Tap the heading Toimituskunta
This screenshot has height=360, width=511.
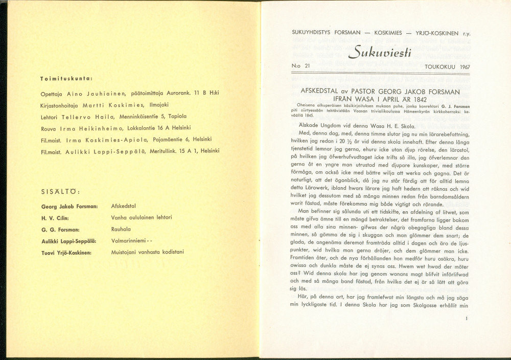tap(66, 79)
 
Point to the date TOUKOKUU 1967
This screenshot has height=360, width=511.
tap(447, 67)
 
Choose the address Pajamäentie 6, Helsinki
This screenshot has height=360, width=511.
tap(178, 139)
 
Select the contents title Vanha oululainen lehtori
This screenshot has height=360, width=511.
tap(142, 217)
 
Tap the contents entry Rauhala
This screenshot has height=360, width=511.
tap(121, 229)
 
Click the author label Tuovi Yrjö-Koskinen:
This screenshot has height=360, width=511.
tap(66, 252)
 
